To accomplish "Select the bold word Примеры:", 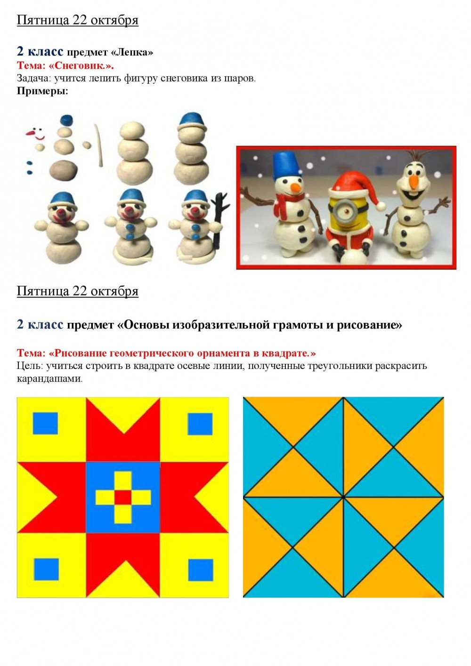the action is (42, 91).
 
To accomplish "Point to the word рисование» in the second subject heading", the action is (369, 325).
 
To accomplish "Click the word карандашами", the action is (49, 379).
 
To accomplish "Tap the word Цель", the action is (30, 366).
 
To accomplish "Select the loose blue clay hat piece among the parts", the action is (66, 120).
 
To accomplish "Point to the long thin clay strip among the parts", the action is (99, 145).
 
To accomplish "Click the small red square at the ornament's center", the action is (123, 497).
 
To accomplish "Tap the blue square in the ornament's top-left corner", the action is (45, 423).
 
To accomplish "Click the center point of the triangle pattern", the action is (343, 497).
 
